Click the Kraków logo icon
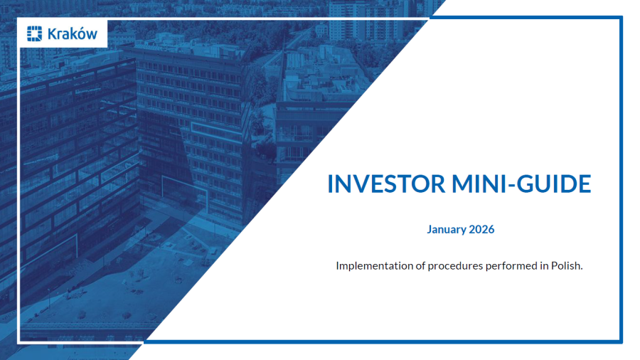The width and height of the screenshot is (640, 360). coord(34,33)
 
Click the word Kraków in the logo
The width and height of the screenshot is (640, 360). coord(72,33)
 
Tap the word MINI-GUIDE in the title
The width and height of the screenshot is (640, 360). coord(523,184)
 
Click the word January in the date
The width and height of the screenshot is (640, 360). coord(447,229)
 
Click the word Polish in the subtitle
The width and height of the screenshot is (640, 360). coord(566,265)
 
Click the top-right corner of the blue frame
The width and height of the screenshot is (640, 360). coord(621,18)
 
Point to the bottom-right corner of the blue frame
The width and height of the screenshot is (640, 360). coord(621,342)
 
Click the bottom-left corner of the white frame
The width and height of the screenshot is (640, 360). coord(19,342)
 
